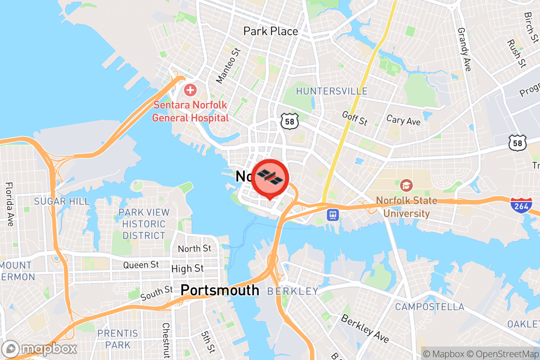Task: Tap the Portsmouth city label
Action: tap(220, 290)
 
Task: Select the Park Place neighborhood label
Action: tap(270, 31)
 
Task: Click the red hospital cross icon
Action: tap(190, 90)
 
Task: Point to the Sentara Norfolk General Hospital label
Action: tap(190, 112)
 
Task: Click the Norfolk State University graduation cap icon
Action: tap(406, 185)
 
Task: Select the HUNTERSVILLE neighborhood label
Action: tap(332, 91)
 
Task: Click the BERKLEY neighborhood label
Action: tap(292, 292)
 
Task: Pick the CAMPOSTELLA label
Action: tap(429, 307)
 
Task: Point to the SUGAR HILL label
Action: tap(62, 201)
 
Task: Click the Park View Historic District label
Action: tap(144, 224)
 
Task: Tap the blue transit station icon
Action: tap(333, 215)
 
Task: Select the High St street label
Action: tap(187, 269)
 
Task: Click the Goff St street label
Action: tap(355, 119)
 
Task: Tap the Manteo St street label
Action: tap(228, 66)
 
